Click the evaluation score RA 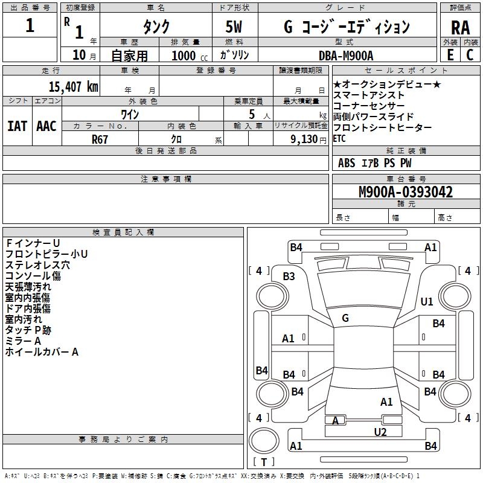460,27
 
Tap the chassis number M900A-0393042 406,193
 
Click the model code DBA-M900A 346,56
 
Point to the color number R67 100,138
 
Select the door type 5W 235,27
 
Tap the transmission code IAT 18,126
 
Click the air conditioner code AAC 46,126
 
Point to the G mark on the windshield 345,318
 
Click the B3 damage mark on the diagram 289,277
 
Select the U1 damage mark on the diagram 427,301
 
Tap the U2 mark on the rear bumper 380,432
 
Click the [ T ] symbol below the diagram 264,462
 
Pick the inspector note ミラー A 23,341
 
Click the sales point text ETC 341,138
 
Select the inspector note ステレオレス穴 37,265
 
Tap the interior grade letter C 470,55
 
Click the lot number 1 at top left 30,27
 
